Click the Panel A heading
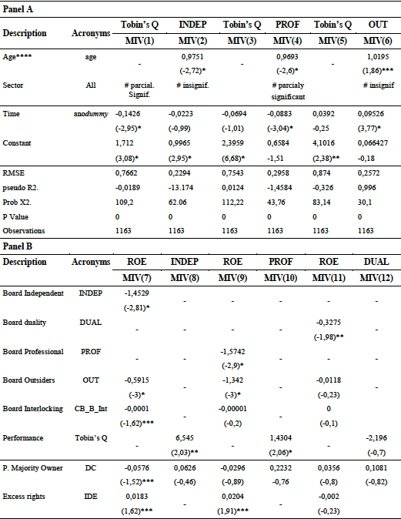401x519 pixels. (21, 11)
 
